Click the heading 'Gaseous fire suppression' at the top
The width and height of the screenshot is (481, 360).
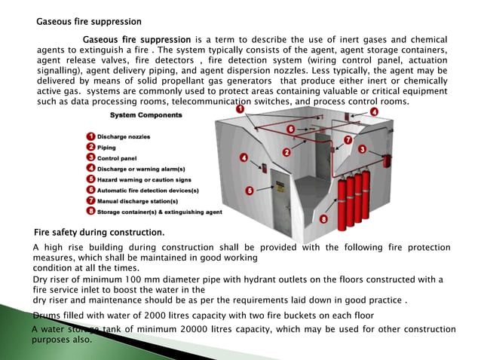89,21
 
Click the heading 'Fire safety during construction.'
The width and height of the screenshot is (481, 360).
100,231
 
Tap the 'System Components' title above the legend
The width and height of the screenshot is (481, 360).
146,115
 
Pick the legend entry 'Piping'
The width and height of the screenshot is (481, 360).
107,147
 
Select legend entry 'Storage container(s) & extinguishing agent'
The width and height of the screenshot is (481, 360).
158,212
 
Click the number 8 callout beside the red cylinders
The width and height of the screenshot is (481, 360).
323,218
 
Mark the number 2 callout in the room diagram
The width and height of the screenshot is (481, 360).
286,152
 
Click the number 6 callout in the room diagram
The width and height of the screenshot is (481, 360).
291,130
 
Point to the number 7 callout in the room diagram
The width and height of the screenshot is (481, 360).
348,140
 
